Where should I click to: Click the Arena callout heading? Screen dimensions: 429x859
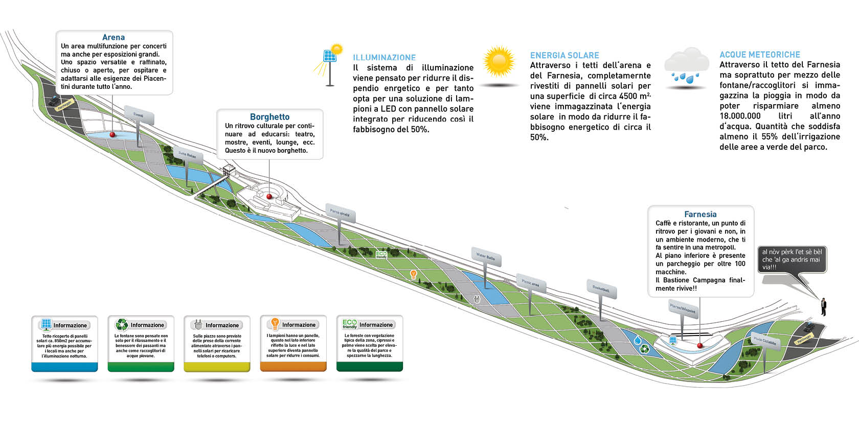(113, 37)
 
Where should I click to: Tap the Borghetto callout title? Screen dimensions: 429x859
(269, 117)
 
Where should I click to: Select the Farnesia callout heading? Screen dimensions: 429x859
(700, 214)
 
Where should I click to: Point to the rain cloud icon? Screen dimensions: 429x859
(686, 66)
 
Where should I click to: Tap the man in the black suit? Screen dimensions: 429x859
(823, 306)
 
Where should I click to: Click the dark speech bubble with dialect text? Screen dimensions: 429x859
(792, 259)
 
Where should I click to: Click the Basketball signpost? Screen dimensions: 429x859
(601, 289)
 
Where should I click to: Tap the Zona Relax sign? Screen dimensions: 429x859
(187, 155)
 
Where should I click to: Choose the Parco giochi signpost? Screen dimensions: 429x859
(340, 213)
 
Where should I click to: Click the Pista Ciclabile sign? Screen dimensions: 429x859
(765, 341)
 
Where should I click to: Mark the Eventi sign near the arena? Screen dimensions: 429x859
(139, 115)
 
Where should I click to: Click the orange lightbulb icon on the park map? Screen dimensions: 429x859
(414, 275)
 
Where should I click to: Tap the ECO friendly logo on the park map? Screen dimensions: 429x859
(381, 254)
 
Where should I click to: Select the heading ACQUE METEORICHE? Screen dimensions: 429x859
(760, 55)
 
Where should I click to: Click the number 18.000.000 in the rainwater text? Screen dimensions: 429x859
(740, 116)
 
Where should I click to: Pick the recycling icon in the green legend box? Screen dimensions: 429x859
(122, 324)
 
